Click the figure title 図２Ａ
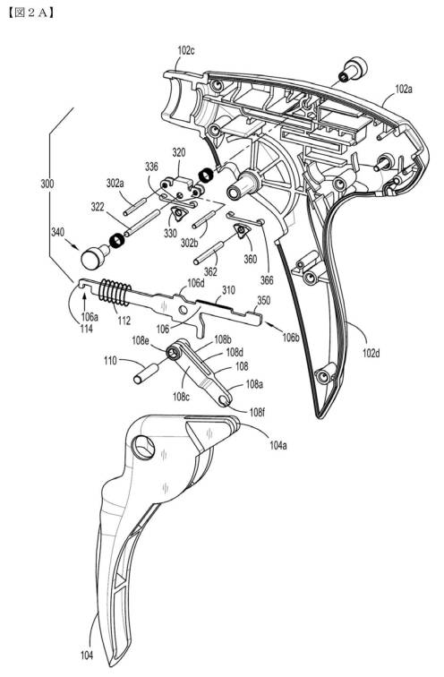pos(31,13)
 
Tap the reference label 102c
pos(186,50)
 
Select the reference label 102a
pos(404,90)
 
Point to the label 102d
pos(371,353)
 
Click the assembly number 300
pos(47,184)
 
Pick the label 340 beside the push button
pos(57,232)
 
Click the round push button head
pos(90,259)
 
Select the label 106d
pos(195,283)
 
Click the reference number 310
pos(228,290)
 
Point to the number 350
pos(264,300)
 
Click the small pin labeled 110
pos(145,374)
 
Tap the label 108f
pos(257,412)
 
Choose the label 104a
pos(277,445)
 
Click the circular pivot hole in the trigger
pos(143,447)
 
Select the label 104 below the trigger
pos(87,656)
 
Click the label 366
pos(267,280)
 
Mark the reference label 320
pos(179,152)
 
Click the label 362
pos(210,271)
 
